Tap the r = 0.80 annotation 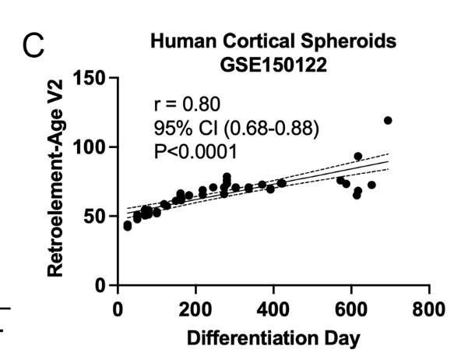(x=188, y=103)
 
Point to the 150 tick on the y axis (x=91, y=79)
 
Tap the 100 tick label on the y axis (x=91, y=147)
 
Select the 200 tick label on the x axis (x=195, y=309)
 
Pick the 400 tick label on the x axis (x=273, y=309)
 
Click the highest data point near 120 (x=388, y=120)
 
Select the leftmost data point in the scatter (x=128, y=226)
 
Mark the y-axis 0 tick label (x=101, y=286)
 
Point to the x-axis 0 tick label (x=118, y=309)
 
